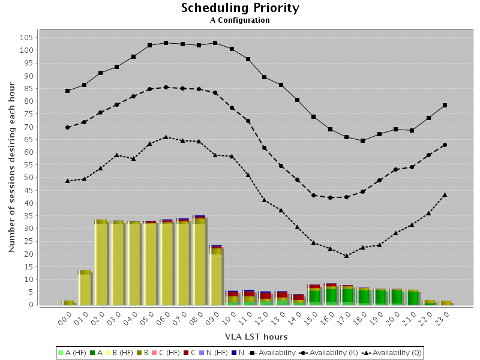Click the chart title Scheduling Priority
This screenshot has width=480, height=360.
[240, 8]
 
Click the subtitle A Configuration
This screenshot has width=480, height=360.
[240, 20]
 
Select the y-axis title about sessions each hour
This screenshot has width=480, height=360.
[12, 168]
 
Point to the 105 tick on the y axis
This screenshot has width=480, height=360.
[25, 37]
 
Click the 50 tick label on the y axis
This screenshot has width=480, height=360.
[28, 178]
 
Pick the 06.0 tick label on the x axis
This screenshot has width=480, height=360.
[163, 317]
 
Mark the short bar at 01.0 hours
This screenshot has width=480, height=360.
[85, 288]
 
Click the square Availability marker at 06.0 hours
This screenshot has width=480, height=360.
[166, 43]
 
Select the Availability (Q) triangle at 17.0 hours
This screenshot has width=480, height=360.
[346, 256]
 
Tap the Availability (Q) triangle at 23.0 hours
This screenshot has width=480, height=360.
[445, 194]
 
